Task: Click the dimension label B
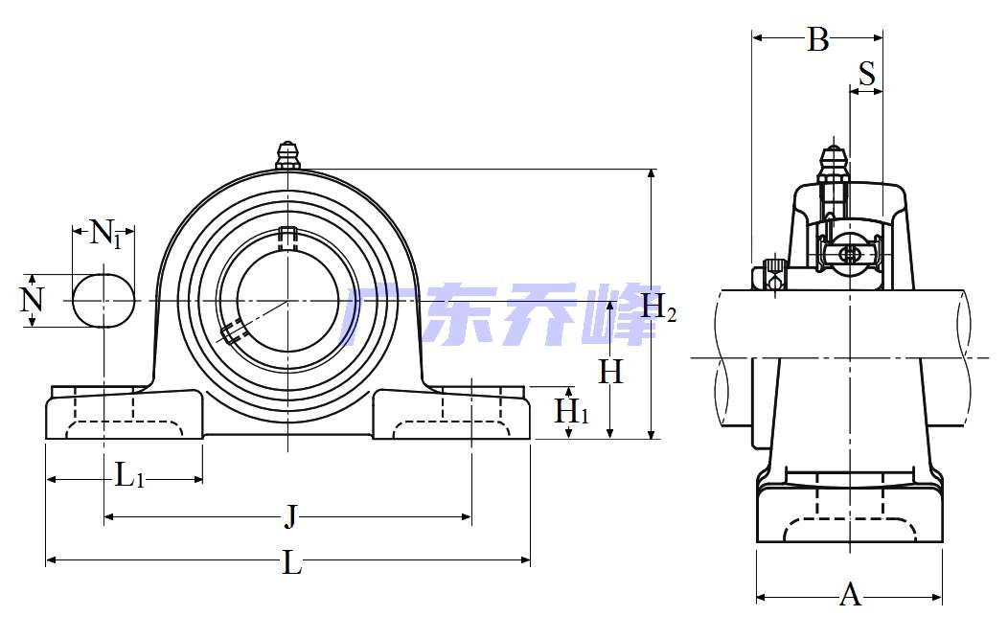(x=817, y=39)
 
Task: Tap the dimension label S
(x=866, y=73)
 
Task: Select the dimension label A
(x=850, y=595)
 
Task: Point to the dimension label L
(x=292, y=563)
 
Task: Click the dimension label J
(x=291, y=516)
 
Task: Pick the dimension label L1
(x=129, y=476)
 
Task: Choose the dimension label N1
(x=105, y=233)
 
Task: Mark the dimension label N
(x=31, y=300)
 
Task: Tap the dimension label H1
(x=571, y=411)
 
